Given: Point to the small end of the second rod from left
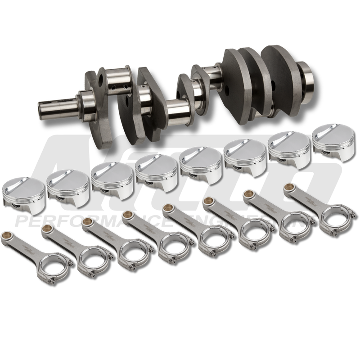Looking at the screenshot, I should point(45,229).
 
